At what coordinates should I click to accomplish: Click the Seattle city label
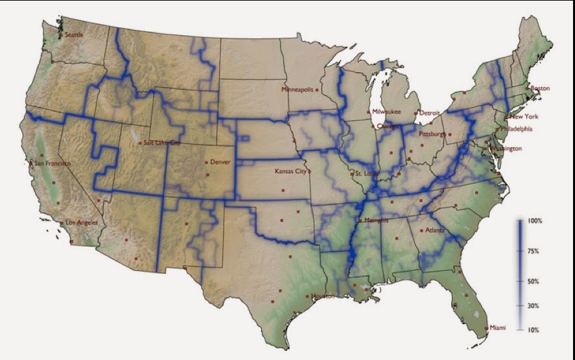75,35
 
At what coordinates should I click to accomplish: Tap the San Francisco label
53,163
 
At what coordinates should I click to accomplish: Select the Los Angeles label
82,223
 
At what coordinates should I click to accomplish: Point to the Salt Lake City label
159,143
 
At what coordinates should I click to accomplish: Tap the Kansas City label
291,171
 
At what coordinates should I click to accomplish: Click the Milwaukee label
387,112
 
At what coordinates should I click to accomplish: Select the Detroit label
430,113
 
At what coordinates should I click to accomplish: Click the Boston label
540,88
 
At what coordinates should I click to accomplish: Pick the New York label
524,117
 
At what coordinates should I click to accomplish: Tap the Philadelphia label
516,129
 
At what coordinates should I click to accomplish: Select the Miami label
498,327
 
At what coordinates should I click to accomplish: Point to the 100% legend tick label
535,221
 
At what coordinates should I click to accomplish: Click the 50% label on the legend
533,281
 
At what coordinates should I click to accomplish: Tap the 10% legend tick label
533,330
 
